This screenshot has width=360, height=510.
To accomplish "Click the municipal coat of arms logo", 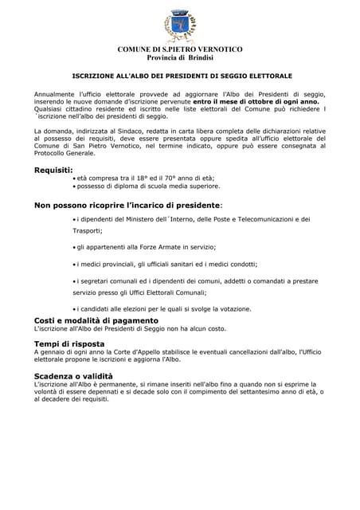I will pyautogui.click(x=179, y=26).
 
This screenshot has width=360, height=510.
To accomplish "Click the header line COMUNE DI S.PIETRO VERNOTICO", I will pyautogui.click(x=180, y=49).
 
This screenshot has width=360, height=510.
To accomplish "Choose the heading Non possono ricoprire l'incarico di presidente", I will pyautogui.click(x=127, y=205).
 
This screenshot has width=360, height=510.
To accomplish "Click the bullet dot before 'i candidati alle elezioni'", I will pyautogui.click(x=74, y=309).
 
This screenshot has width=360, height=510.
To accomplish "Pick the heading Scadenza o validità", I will pyautogui.click(x=73, y=375).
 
